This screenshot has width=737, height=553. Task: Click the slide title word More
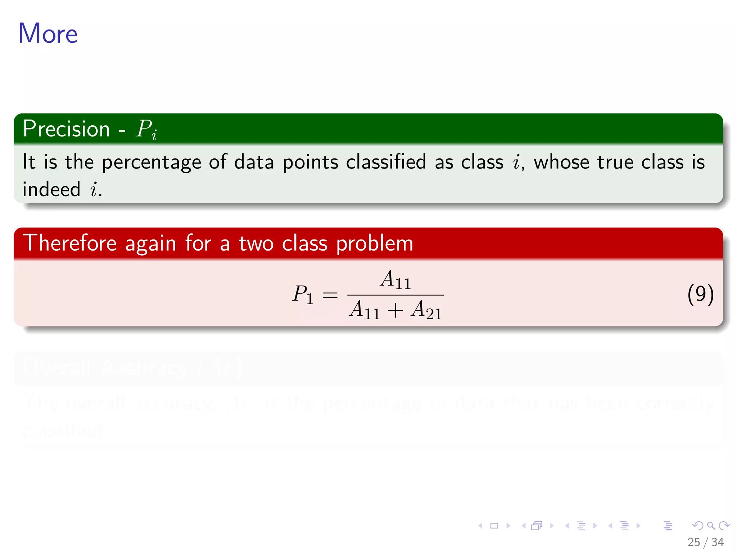[x=48, y=33]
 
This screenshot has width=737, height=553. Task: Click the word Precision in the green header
[x=66, y=129]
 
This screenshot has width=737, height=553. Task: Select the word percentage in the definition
[x=152, y=162]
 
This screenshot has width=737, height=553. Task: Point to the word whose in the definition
[x=561, y=162]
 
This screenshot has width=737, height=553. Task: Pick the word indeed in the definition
[x=51, y=189]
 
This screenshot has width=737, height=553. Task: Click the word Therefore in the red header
[x=70, y=243]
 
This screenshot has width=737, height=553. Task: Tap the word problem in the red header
[x=375, y=244]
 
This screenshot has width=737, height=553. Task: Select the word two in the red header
[x=256, y=244]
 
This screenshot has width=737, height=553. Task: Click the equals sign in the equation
[x=330, y=295]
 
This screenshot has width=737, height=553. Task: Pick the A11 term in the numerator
[x=395, y=280]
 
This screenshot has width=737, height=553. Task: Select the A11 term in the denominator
[x=365, y=310]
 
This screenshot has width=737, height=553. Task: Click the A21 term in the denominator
[x=426, y=310]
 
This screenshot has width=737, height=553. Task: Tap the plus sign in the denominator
[x=395, y=310]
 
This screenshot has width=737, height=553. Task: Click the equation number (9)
[x=700, y=294]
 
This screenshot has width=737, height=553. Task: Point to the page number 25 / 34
[x=705, y=542]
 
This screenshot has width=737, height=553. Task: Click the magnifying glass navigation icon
[x=711, y=526]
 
